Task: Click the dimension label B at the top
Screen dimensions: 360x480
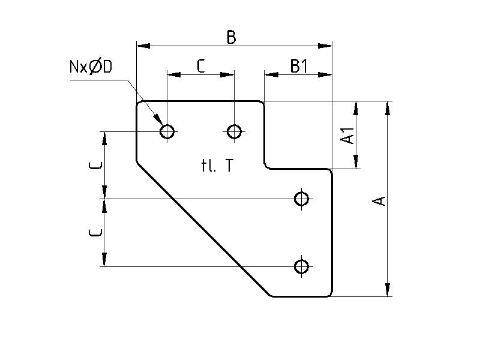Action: (231, 37)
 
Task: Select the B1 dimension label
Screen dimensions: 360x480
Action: (298, 66)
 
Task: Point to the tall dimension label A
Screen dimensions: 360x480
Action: (379, 200)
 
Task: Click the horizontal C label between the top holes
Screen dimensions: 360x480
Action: (200, 66)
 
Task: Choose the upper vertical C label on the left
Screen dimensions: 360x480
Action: (98, 165)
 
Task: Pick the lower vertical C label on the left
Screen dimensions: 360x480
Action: (98, 233)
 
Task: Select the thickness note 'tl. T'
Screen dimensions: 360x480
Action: (217, 166)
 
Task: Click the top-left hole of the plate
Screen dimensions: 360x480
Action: (167, 131)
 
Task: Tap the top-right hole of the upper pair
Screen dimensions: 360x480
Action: (235, 131)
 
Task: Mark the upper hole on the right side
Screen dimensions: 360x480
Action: (302, 198)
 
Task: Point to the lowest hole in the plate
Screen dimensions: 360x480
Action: (302, 266)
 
